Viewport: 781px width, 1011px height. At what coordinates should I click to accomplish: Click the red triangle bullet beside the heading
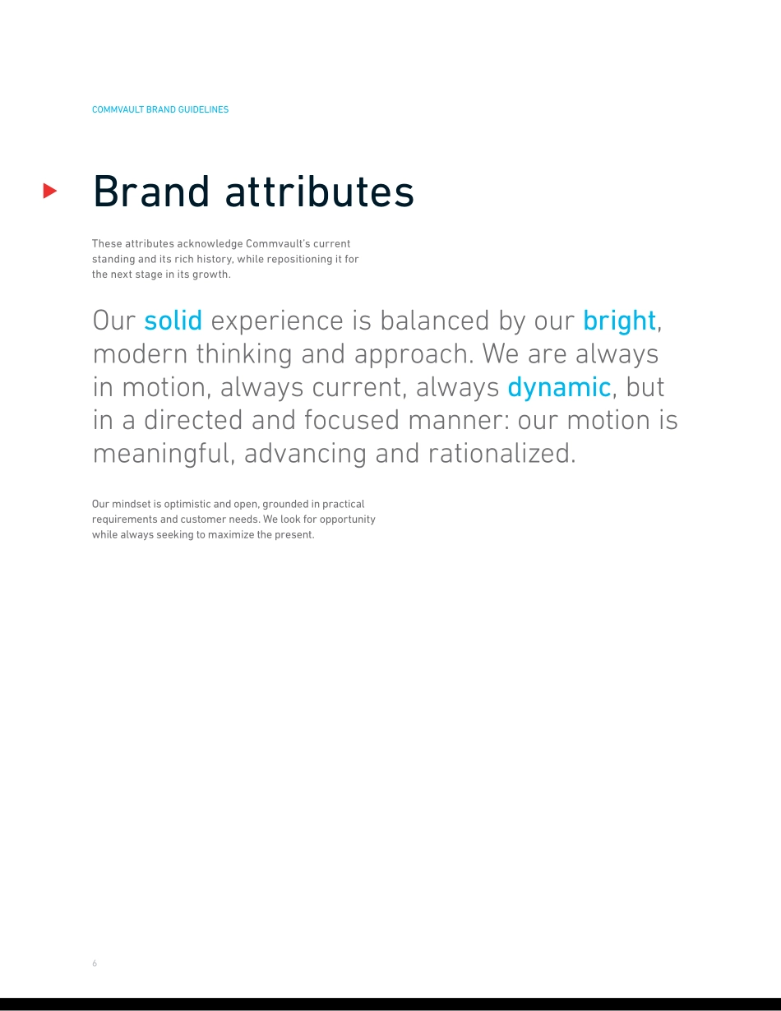tap(49, 191)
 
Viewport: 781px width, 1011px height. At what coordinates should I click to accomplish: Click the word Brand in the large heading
tap(151, 192)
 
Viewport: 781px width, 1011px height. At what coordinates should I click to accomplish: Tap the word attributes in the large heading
tap(320, 192)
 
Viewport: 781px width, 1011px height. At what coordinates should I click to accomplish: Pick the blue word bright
tap(619, 321)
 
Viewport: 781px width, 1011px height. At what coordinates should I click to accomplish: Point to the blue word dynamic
tap(559, 388)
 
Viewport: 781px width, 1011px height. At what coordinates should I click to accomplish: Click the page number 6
tap(95, 963)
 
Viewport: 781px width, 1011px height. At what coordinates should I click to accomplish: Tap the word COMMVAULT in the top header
tap(118, 109)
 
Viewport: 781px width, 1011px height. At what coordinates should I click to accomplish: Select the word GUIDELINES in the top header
tap(203, 109)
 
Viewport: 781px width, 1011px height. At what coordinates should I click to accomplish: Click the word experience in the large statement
tap(277, 321)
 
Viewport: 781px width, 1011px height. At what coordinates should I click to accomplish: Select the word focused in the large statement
tap(352, 420)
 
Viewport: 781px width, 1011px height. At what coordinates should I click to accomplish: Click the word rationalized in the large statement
tap(502, 453)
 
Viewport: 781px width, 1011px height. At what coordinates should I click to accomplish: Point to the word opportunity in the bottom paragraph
tap(348, 519)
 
